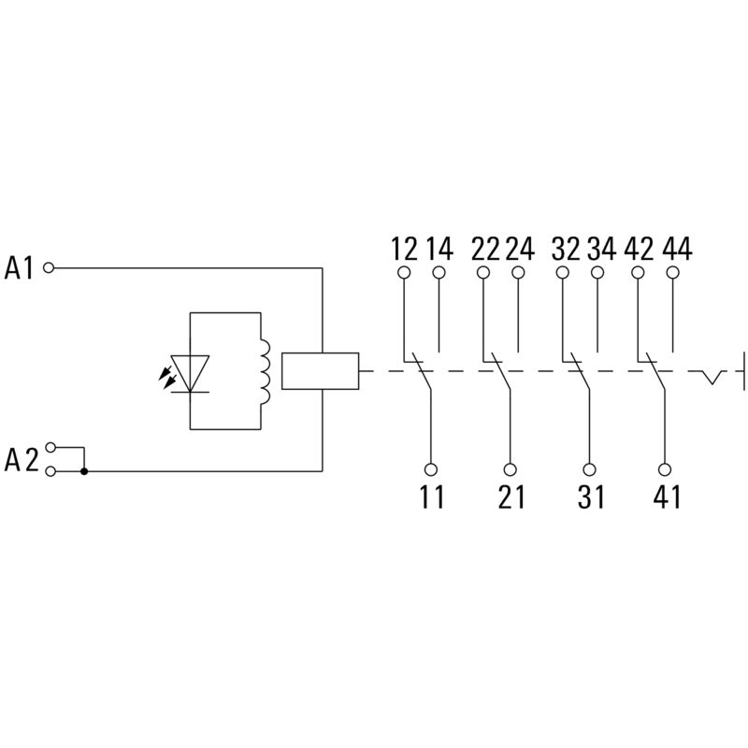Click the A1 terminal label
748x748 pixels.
(x=20, y=269)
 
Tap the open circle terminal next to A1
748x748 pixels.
(x=50, y=268)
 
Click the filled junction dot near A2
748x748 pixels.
(x=84, y=471)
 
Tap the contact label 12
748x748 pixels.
(x=404, y=249)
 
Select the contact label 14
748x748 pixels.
(x=439, y=249)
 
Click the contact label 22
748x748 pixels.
(x=484, y=249)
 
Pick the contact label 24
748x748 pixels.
(x=520, y=249)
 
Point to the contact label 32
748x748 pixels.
(x=565, y=249)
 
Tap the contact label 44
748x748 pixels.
(x=675, y=249)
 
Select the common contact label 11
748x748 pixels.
(x=431, y=497)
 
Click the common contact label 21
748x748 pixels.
(x=511, y=497)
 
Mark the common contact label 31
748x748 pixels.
(x=590, y=497)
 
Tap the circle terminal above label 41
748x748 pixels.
(x=666, y=471)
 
